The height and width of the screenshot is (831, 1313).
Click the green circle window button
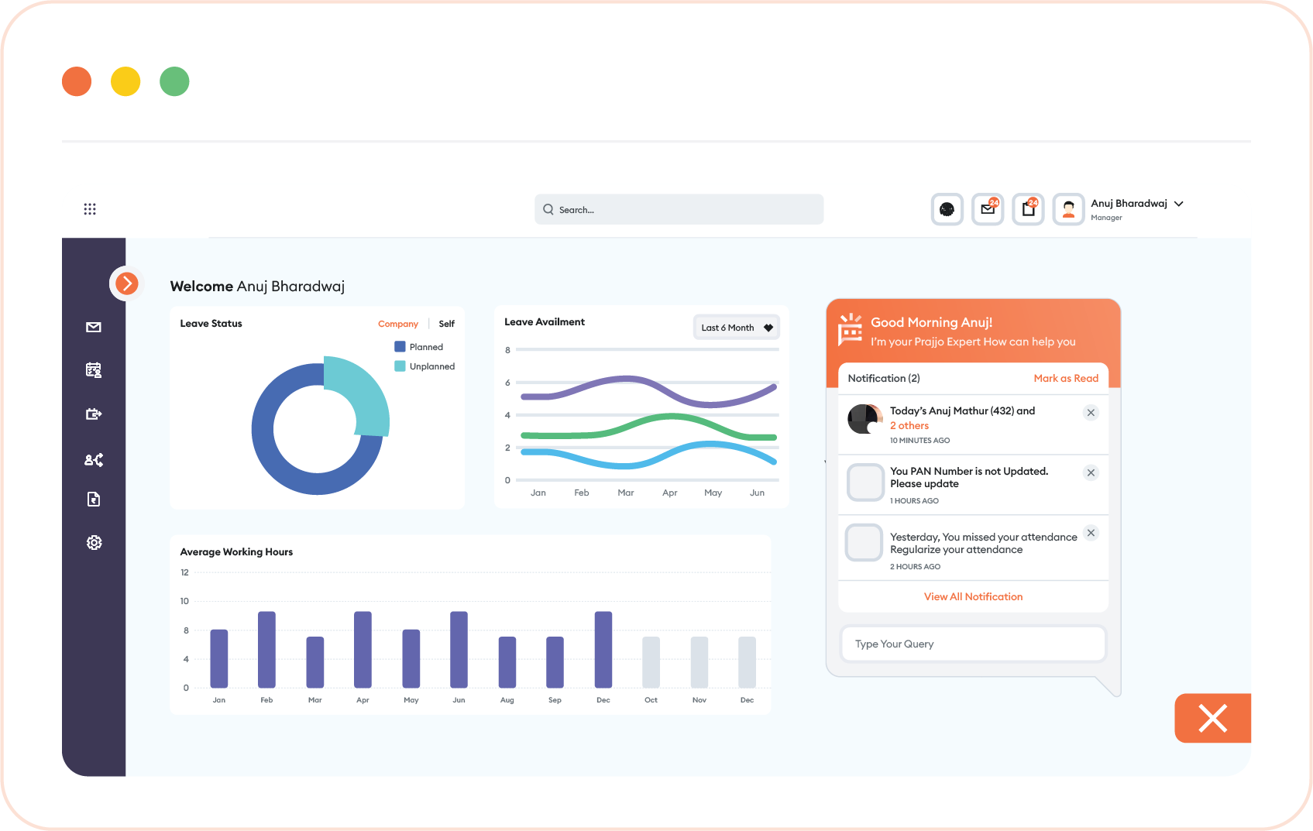point(174,81)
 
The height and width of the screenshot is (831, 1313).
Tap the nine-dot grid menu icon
point(90,209)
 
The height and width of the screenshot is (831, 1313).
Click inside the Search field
point(679,209)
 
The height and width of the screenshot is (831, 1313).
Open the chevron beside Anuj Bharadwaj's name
point(1179,204)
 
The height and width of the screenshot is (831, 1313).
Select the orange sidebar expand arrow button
point(126,283)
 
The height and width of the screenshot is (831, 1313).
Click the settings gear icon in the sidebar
point(94,543)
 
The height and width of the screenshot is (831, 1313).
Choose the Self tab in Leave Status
point(447,324)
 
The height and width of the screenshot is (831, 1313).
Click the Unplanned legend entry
point(425,366)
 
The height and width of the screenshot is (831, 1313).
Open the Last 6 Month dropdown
point(736,328)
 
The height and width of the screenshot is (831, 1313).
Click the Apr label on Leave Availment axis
point(669,493)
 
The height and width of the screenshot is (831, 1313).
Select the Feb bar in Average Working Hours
point(266,649)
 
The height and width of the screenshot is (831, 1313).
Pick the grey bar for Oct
point(651,662)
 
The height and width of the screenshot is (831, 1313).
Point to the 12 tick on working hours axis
point(184,572)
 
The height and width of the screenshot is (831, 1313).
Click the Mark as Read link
point(1066,379)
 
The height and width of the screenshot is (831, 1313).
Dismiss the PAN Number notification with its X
point(1091,473)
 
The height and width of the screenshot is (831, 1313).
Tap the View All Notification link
point(973,596)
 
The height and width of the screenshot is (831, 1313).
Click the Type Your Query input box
point(973,644)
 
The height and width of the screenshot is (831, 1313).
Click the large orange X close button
point(1213,719)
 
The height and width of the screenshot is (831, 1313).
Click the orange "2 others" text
point(909,426)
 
